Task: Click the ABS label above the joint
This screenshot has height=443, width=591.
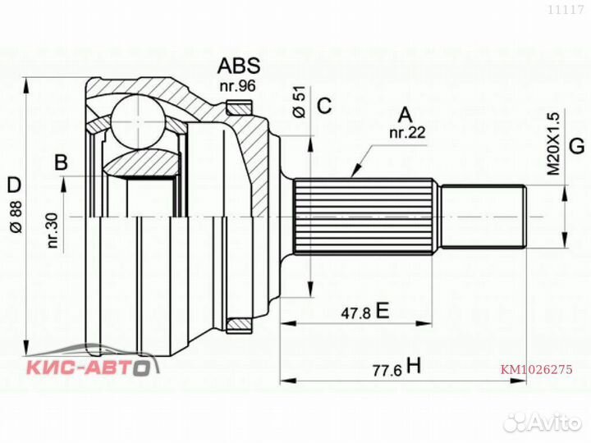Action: tap(238, 66)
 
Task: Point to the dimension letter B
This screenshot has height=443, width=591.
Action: tap(62, 162)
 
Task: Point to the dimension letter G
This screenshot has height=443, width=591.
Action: tap(576, 147)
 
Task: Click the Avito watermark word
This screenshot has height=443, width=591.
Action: tap(550, 421)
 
